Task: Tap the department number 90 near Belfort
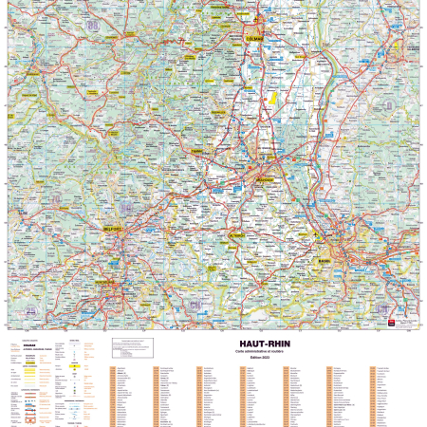point(127,208)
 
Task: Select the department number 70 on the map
point(56,198)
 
